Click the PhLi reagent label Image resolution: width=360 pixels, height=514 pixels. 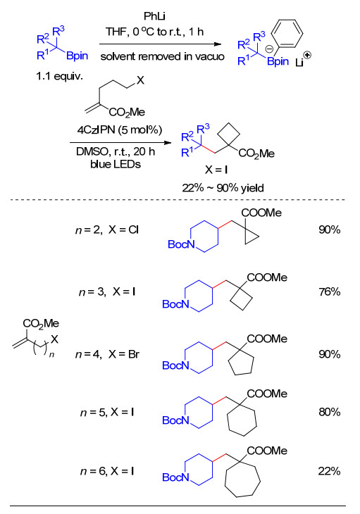154,15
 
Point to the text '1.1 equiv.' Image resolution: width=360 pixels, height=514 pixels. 60,76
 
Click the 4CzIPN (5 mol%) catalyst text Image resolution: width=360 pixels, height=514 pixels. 120,130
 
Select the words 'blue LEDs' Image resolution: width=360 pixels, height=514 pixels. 116,164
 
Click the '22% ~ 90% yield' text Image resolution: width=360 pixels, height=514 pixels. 223,188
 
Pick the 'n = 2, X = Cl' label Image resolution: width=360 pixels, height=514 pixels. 107,230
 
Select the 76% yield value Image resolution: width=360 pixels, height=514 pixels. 329,292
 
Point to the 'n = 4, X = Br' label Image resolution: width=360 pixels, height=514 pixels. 107,354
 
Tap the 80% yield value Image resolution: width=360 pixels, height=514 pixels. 329,412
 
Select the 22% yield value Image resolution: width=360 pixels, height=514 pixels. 329,471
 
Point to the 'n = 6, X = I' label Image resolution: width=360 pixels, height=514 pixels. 107,471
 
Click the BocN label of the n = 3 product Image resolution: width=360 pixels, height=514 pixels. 175,304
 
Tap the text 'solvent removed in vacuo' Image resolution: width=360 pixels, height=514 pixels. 162,56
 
